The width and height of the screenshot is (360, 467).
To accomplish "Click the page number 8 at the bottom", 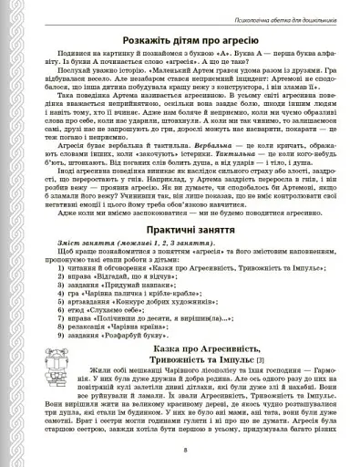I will coord(185,451).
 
